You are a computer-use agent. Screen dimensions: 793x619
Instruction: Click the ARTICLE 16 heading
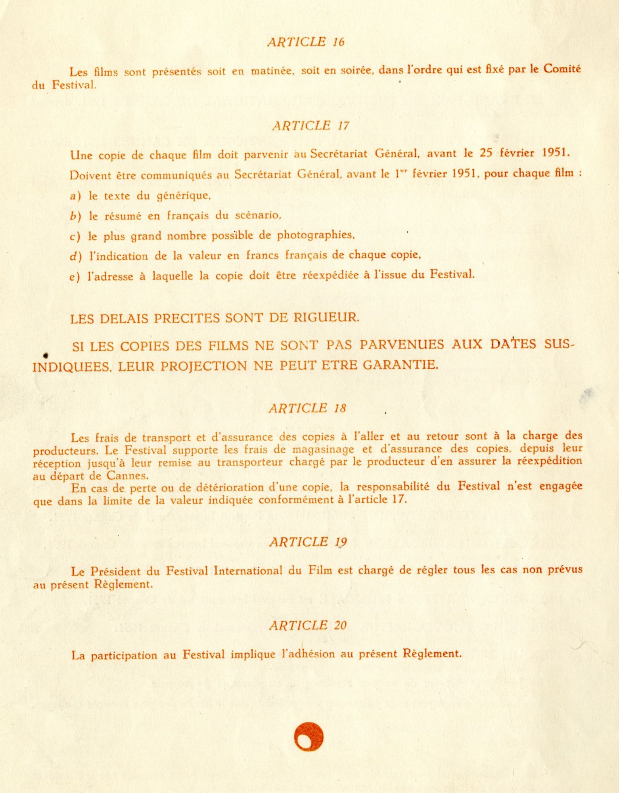pos(306,42)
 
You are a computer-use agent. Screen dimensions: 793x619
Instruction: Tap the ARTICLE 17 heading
pos(310,126)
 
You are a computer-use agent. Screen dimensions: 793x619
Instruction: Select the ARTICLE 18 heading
pos(307,408)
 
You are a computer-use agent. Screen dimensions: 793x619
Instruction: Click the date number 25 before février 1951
pos(486,153)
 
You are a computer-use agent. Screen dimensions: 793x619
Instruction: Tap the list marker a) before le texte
pos(75,196)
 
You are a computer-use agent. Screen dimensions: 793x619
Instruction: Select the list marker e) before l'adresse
pos(75,277)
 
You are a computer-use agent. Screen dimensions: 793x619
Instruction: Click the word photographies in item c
pos(315,235)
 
